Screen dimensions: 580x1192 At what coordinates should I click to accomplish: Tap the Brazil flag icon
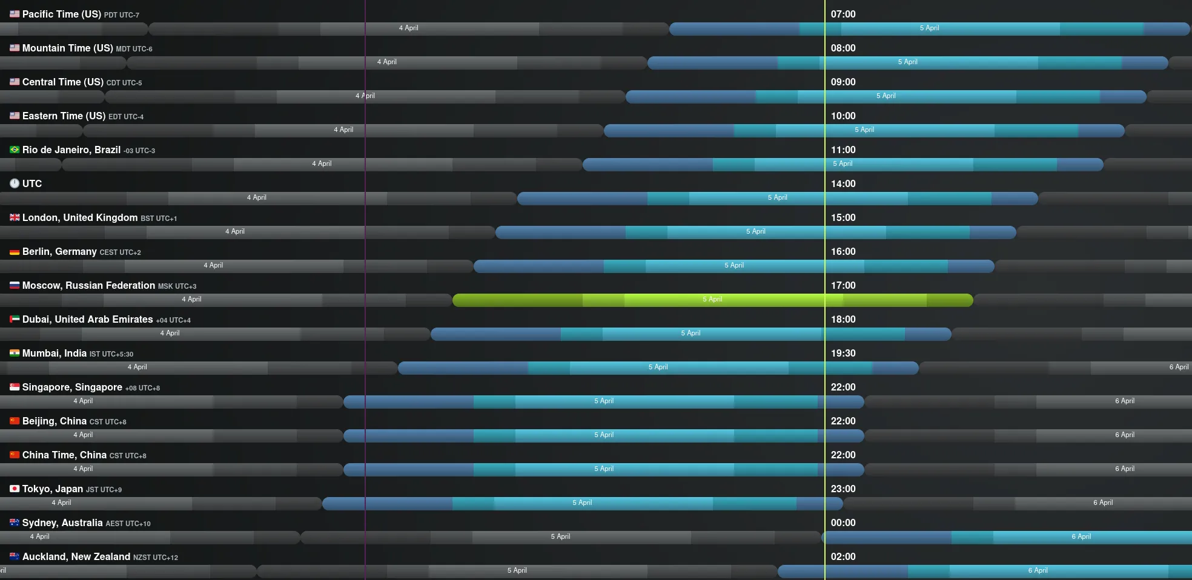point(15,150)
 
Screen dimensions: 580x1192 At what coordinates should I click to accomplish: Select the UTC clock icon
point(15,183)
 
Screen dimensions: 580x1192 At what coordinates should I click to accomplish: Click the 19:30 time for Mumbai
point(843,353)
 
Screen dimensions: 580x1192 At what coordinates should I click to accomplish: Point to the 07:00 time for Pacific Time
point(843,14)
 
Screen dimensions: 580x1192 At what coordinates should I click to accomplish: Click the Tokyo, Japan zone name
point(53,489)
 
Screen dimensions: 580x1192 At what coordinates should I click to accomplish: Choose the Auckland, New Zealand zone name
point(76,556)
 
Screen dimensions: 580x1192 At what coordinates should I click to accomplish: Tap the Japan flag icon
point(15,489)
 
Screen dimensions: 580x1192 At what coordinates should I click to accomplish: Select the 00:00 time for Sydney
point(843,522)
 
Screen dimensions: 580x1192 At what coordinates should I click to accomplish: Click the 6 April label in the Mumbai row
point(1179,367)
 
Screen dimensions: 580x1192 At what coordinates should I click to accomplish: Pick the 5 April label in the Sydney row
point(560,536)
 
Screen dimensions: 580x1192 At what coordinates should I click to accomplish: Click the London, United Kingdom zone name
point(80,217)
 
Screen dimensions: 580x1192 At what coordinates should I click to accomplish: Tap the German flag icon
point(15,252)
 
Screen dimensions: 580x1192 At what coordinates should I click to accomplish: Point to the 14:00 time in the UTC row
point(843,183)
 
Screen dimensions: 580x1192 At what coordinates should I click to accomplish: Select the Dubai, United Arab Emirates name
point(88,319)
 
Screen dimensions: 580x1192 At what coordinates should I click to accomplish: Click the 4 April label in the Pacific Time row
point(408,28)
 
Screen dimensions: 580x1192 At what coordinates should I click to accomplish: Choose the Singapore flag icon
point(15,387)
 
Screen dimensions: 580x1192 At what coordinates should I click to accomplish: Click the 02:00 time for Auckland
point(843,556)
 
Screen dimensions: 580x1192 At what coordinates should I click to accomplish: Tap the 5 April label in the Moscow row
point(712,299)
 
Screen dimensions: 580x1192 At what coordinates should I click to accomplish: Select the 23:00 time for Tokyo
point(843,489)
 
